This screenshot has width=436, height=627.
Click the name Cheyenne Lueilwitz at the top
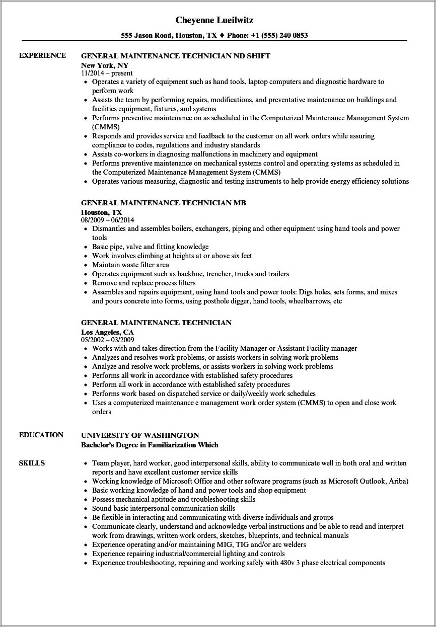(x=214, y=20)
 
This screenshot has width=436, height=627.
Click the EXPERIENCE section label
(x=42, y=55)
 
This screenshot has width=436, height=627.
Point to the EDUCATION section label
(x=41, y=435)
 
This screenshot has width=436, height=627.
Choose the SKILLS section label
(x=32, y=462)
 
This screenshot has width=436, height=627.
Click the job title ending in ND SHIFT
(x=176, y=56)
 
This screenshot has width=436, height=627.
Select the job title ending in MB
(x=163, y=203)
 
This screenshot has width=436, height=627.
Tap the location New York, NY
(x=105, y=65)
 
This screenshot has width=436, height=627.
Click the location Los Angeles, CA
(x=108, y=332)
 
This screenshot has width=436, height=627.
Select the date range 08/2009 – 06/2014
(x=107, y=220)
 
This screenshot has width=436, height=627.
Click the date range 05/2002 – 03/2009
(x=107, y=340)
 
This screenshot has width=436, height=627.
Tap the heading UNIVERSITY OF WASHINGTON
(x=140, y=435)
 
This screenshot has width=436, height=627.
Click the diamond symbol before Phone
(x=223, y=35)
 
